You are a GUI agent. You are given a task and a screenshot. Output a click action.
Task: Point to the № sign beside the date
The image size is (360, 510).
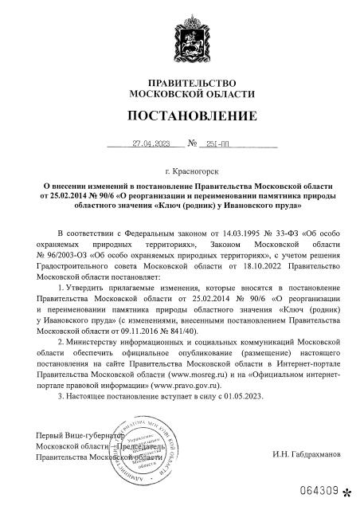191,144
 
